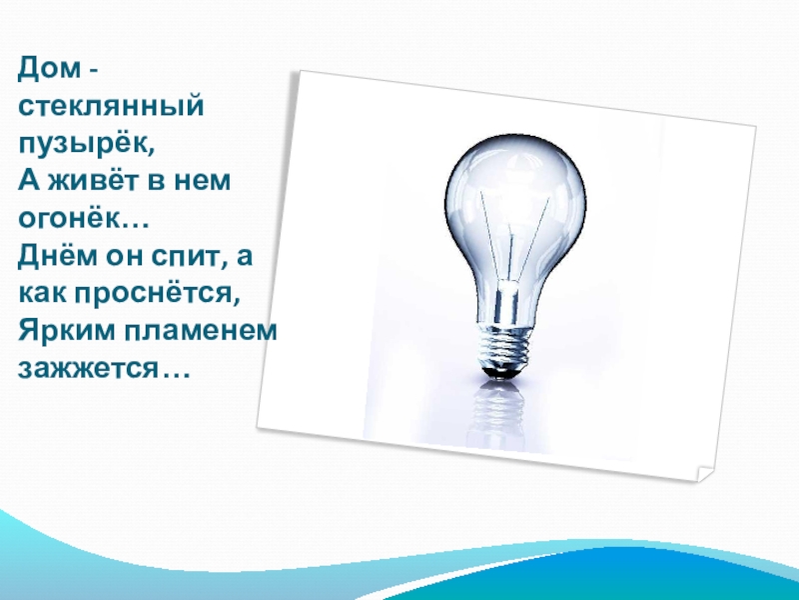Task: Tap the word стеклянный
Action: [112, 105]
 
